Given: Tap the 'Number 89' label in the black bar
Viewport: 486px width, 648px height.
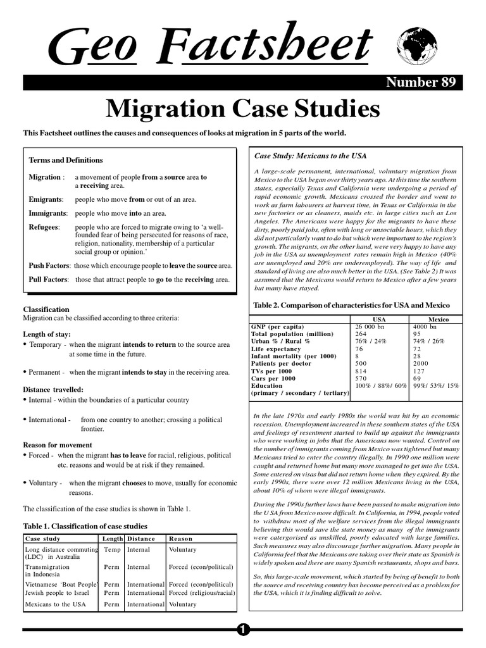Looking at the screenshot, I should pos(420,82).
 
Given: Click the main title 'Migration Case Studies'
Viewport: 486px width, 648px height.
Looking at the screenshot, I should pos(243,109).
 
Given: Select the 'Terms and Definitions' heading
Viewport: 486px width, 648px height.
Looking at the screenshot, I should pos(66,160).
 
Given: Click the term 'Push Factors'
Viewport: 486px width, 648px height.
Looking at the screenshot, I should pos(49,266).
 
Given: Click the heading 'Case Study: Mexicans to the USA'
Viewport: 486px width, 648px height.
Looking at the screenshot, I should pos(310,156).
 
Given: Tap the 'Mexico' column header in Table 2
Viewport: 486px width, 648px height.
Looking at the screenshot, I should pos(439,320).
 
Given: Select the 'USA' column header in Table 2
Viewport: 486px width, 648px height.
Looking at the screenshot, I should pos(380,320).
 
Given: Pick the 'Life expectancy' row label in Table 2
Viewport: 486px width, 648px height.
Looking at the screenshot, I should pos(276,349).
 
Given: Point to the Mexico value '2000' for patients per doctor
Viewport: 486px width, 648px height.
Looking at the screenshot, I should pos(421,364).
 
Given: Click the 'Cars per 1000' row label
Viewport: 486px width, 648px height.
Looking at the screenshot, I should pos(273,378).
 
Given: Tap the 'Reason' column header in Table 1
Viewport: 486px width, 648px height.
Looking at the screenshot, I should pos(180,539).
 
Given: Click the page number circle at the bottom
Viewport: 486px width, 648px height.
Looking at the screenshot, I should pos(244,629).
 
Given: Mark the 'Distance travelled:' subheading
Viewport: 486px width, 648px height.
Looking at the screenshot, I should pos(53,390).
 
